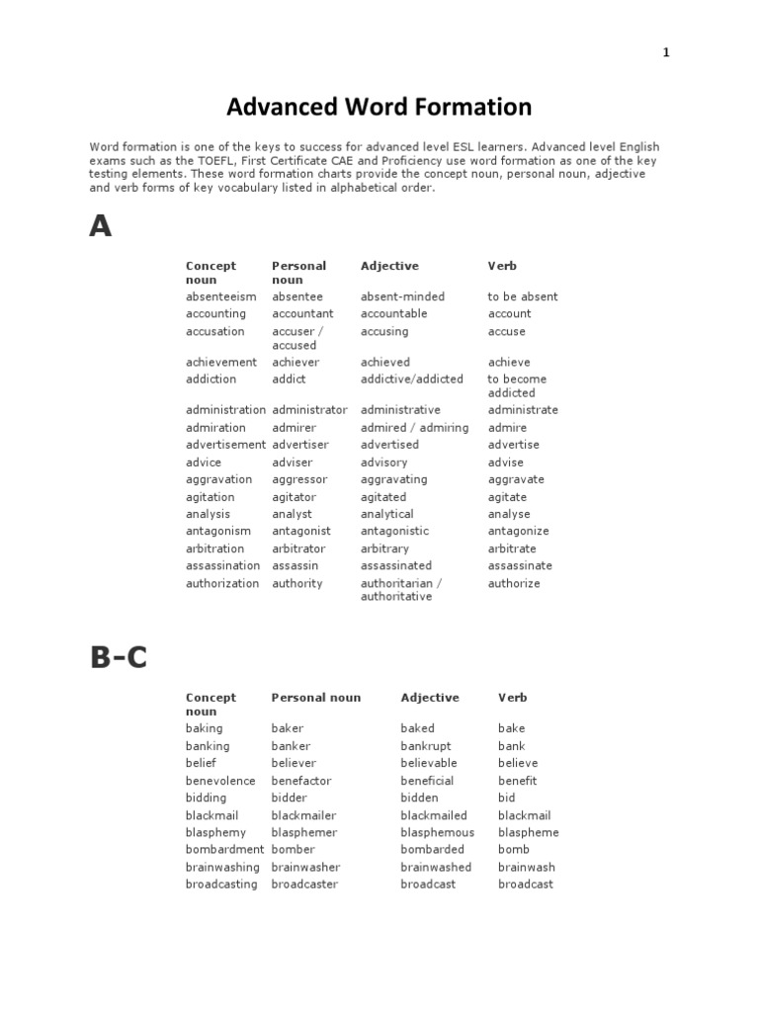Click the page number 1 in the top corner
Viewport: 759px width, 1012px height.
(x=666, y=53)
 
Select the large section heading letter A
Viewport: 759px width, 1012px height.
(x=101, y=227)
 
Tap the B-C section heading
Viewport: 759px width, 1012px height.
(x=118, y=658)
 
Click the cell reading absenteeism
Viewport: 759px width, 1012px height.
(x=220, y=296)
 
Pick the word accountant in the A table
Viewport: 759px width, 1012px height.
(x=302, y=313)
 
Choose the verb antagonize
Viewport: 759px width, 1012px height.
(x=518, y=531)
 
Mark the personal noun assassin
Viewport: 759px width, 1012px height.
(x=295, y=565)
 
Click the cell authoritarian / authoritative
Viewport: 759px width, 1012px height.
(x=400, y=590)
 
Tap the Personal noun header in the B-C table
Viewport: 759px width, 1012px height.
(x=316, y=698)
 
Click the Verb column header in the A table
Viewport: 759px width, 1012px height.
(x=502, y=266)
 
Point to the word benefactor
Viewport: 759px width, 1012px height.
(x=301, y=781)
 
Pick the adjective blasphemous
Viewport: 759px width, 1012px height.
(x=437, y=832)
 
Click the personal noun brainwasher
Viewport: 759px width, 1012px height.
(x=305, y=867)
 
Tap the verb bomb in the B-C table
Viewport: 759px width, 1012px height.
(x=514, y=849)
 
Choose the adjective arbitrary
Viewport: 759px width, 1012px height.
(x=384, y=548)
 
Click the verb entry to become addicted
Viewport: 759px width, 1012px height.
(x=516, y=385)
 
